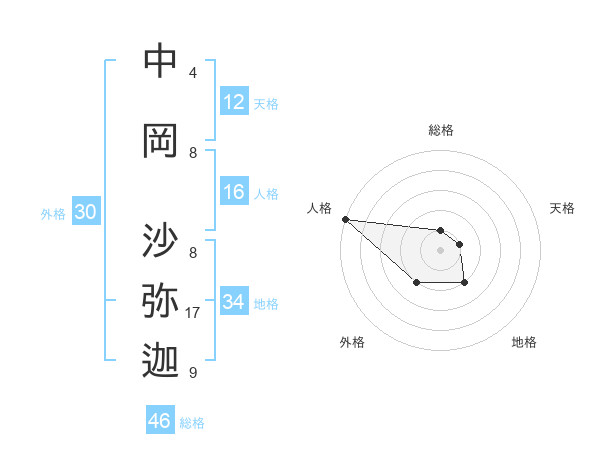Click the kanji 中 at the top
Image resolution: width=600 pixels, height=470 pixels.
(x=160, y=62)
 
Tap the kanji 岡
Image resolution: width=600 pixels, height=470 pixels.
(x=160, y=141)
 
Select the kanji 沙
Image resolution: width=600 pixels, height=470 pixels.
(x=160, y=241)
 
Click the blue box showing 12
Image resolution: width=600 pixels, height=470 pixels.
(x=234, y=102)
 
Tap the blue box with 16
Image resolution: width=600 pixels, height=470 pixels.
(x=234, y=193)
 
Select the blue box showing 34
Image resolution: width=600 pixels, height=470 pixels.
(x=234, y=302)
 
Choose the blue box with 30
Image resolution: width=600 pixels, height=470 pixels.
(x=85, y=213)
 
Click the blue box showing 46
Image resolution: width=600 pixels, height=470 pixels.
(x=160, y=421)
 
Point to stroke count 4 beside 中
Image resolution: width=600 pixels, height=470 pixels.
(x=193, y=73)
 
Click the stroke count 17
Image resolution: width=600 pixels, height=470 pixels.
(x=193, y=313)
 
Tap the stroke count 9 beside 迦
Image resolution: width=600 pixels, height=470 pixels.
(x=193, y=373)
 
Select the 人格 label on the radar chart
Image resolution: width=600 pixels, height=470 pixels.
(x=319, y=208)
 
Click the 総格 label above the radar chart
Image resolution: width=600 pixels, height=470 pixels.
(x=440, y=130)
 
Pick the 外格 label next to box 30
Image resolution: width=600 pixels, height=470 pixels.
(x=52, y=214)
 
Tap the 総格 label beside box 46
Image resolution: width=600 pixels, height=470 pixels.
(x=192, y=423)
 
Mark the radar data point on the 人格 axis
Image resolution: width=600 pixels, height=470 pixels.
(x=345, y=219)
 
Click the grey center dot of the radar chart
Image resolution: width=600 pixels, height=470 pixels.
(x=440, y=250)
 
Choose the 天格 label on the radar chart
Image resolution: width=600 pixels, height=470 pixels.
(x=562, y=208)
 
